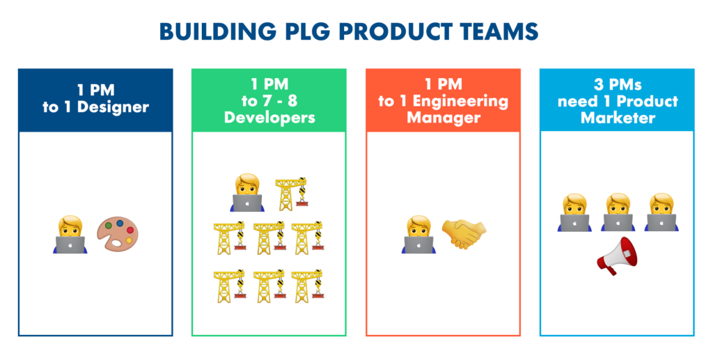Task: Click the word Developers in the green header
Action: (x=269, y=117)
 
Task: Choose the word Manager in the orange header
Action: (x=443, y=117)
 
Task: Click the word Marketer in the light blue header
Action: (x=618, y=117)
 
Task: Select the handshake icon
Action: (x=464, y=233)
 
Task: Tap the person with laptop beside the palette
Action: (x=70, y=234)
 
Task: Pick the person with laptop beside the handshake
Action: (x=418, y=234)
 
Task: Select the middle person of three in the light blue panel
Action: (x=617, y=212)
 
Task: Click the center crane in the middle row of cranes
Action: (x=269, y=237)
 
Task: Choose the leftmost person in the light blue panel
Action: (x=574, y=212)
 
